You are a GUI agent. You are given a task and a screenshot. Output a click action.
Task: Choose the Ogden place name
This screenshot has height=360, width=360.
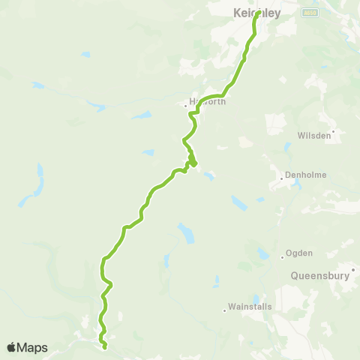299,253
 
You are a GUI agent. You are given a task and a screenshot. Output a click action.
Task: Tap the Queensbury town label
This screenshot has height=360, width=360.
320,275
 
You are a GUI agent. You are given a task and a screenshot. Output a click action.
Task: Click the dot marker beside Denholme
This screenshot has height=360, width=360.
281,178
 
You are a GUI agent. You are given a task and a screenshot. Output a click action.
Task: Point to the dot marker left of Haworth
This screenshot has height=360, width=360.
186,106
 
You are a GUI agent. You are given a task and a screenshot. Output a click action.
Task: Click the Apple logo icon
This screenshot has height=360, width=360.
12,347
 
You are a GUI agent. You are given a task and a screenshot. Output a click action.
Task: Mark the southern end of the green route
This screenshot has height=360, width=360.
104,346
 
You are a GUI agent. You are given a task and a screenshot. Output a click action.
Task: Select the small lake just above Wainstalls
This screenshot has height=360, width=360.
255,299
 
